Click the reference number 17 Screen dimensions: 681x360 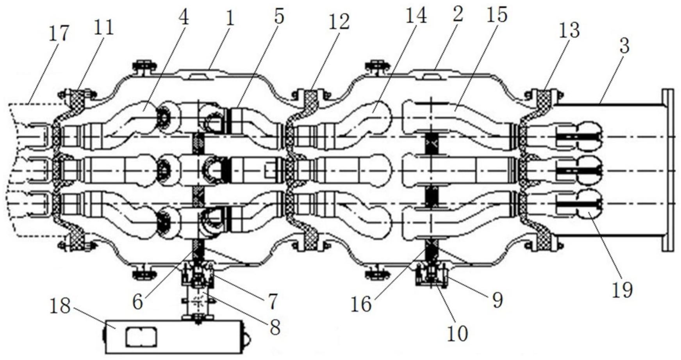click(59, 34)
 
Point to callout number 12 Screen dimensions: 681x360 click(339, 23)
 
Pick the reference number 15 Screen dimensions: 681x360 click(497, 15)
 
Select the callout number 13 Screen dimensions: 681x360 click(569, 31)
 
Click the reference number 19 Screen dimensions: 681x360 click(622, 290)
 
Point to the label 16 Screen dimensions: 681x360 click(361, 305)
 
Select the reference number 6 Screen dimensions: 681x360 click(138, 303)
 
